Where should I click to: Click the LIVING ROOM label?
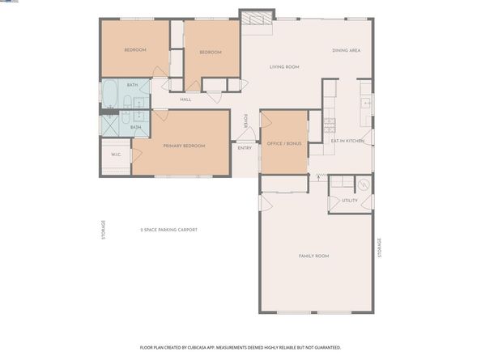pyautogui.click(x=284, y=67)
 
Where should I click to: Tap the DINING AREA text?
pyautogui.click(x=346, y=51)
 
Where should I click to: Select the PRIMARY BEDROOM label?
pyautogui.click(x=184, y=146)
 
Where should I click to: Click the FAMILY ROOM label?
pyautogui.click(x=313, y=256)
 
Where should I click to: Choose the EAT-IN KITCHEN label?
pyautogui.click(x=348, y=142)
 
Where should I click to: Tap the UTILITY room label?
pyautogui.click(x=349, y=200)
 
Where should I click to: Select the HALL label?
pyautogui.click(x=185, y=100)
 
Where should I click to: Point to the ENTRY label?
pyautogui.click(x=245, y=148)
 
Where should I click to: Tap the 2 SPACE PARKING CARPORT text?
pyautogui.click(x=168, y=230)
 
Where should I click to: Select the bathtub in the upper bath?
pyautogui.click(x=110, y=95)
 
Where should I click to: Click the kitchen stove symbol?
pyautogui.click(x=330, y=125)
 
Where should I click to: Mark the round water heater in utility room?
pyautogui.click(x=364, y=184)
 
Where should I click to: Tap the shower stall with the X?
pyautogui.click(x=109, y=124)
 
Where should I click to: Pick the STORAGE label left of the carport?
pyautogui.click(x=103, y=231)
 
